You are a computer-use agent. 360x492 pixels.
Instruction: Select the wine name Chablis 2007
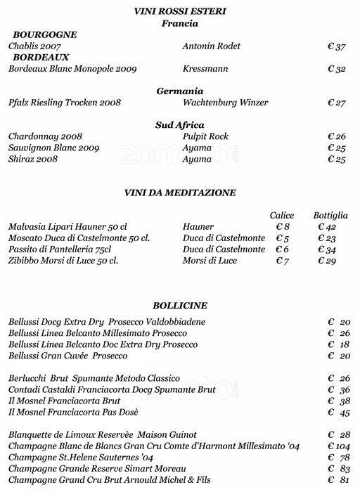[x=34, y=46]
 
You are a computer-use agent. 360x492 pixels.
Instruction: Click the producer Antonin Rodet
[x=211, y=46]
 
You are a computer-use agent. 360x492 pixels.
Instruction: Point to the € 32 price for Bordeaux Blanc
[x=337, y=69]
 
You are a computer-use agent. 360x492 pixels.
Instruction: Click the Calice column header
[x=282, y=215]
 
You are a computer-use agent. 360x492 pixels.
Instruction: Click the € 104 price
[x=339, y=446]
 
